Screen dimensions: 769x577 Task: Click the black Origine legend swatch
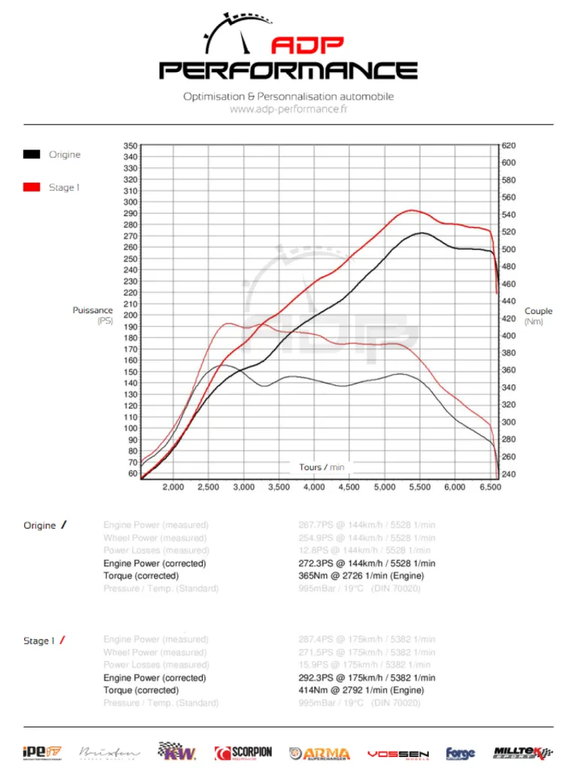click(32, 155)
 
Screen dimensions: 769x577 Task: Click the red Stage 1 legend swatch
click(32, 187)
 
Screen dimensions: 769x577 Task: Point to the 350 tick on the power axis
click(130, 146)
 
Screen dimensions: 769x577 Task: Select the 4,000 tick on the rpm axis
click(314, 487)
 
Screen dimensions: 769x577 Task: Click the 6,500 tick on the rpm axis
click(490, 487)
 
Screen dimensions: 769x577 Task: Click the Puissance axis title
click(93, 310)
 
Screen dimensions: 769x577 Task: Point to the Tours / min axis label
click(322, 467)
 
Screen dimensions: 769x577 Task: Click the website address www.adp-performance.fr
click(288, 109)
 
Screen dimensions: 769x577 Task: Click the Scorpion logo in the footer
click(243, 752)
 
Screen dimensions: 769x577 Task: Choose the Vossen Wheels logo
click(398, 753)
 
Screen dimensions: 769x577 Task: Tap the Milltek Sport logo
click(523, 752)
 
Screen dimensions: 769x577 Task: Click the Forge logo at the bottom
click(461, 753)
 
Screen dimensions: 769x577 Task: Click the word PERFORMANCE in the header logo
click(288, 71)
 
